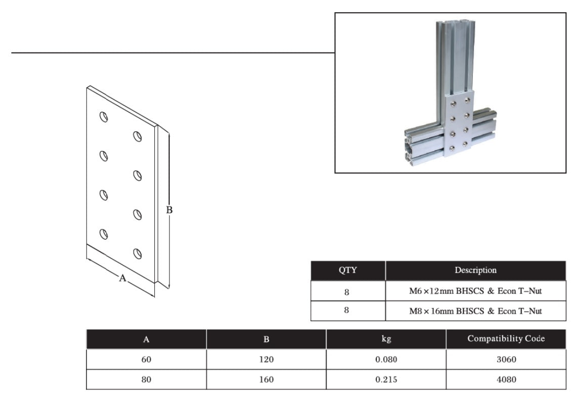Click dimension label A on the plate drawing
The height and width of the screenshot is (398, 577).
click(122, 278)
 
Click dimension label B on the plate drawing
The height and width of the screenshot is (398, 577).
click(169, 210)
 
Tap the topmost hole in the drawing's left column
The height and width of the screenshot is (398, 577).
click(104, 117)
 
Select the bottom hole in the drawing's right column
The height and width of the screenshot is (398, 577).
click(137, 254)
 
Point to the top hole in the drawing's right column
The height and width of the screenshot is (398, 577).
click(137, 136)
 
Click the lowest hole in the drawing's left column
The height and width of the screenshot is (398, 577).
click(104, 234)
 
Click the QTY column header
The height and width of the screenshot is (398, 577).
click(348, 270)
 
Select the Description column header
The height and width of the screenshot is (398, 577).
click(475, 270)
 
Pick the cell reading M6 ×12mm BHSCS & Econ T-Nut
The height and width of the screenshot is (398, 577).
click(475, 291)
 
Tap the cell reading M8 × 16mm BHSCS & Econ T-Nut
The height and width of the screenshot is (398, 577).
click(475, 311)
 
